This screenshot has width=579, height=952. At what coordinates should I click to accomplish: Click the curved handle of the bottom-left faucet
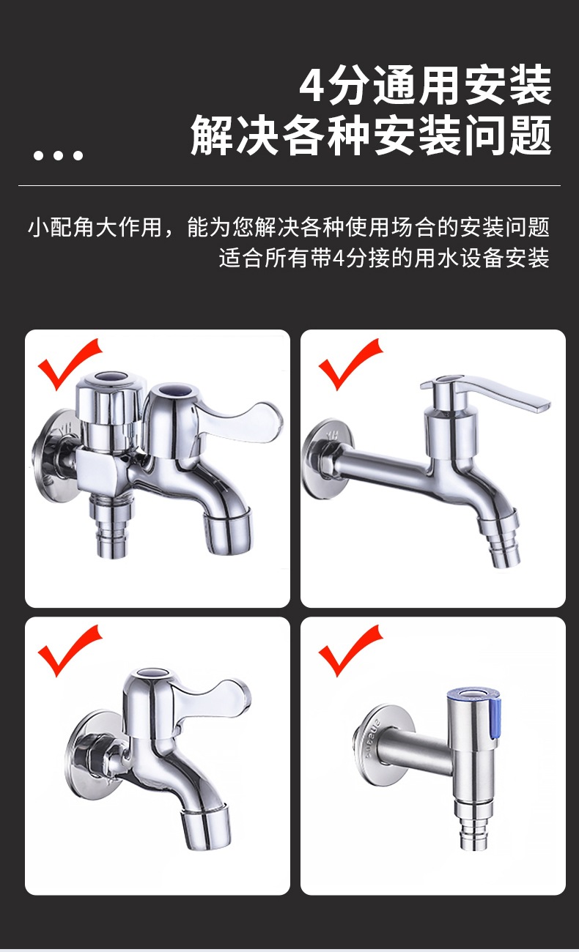pyautogui.click(x=213, y=697)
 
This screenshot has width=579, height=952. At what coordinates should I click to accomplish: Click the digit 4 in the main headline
pyautogui.click(x=314, y=86)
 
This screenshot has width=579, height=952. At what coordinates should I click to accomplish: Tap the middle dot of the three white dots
pyautogui.click(x=59, y=155)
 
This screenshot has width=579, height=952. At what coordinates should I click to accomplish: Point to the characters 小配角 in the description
pyautogui.click(x=61, y=227)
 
